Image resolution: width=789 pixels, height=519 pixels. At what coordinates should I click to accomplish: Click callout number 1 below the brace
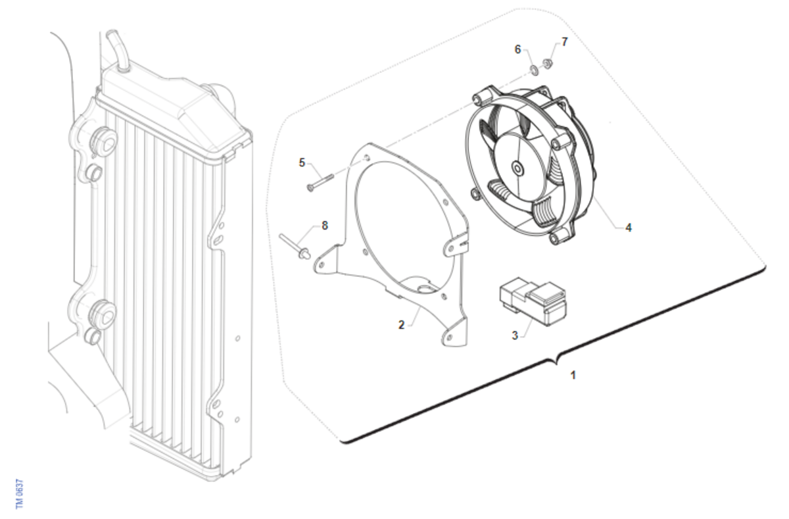[573, 376]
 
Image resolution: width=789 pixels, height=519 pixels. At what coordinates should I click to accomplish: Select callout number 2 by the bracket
[402, 325]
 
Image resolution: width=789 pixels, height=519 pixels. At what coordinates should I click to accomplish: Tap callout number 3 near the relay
[515, 335]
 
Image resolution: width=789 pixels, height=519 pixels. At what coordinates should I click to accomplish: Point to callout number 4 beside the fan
[629, 228]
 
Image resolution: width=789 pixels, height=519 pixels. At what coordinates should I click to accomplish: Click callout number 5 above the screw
[302, 162]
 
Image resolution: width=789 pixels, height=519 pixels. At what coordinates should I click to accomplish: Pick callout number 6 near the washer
[517, 49]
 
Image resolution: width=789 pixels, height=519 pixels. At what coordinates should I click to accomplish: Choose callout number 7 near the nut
[565, 42]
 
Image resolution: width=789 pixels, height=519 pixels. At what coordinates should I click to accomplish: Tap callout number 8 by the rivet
[325, 226]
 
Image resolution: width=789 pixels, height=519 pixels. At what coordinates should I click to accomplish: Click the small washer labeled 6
[535, 70]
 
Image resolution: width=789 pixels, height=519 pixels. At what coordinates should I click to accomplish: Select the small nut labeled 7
[547, 64]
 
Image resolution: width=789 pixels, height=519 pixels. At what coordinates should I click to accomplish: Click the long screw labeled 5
[320, 182]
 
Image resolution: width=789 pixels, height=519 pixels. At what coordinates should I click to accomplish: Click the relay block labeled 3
[533, 301]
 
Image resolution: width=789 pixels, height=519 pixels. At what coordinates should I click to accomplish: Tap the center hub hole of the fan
[517, 169]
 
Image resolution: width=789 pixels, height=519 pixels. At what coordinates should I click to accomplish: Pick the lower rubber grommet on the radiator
[102, 314]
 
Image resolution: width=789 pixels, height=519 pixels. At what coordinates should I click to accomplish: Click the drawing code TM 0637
[20, 493]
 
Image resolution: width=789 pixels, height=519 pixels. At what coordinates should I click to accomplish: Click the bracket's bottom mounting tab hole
[449, 338]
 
